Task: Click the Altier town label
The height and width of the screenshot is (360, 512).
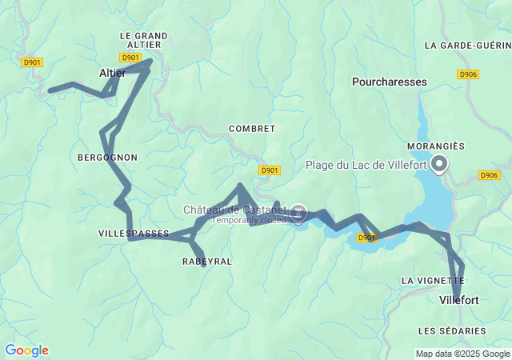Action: coord(112,73)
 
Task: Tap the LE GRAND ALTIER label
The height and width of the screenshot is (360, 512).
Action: coord(143,40)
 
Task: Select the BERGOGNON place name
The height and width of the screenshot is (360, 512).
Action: coord(107,158)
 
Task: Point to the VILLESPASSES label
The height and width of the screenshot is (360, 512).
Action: coord(134,234)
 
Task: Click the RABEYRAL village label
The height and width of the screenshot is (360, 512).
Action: coord(207,262)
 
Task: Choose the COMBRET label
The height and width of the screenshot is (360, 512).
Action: coord(251,128)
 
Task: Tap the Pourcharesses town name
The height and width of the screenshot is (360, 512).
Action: coord(390,82)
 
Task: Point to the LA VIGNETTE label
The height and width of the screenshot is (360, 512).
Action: coord(429,281)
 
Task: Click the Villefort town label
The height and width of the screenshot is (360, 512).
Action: coord(459,300)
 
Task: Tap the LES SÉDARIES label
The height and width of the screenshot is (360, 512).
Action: coord(452,330)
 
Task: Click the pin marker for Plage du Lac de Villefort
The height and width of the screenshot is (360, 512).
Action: coord(439,165)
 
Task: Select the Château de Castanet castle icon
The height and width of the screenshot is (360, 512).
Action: coord(299,212)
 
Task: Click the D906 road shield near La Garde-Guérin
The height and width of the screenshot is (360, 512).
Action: coord(469,74)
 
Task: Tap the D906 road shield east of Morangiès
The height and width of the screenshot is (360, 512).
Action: coord(489,175)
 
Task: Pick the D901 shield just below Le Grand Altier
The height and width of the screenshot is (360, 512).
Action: coord(130,58)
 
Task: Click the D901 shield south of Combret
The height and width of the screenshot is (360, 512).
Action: coord(270,170)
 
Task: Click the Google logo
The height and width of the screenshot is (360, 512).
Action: coord(26,350)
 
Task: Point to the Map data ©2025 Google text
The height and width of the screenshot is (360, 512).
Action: coord(462,354)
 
